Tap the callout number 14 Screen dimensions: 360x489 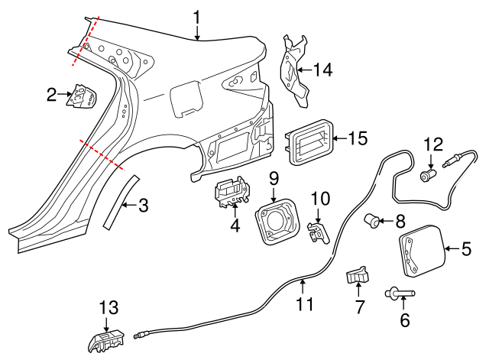322,70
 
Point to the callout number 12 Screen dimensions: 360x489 433,144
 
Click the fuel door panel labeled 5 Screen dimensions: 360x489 420,250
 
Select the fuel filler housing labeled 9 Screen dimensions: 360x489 274,220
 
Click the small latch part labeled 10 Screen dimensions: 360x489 318,231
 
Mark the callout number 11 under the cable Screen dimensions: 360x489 305,303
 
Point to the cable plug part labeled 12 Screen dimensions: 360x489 429,175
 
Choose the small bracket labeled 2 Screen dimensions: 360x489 81,97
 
